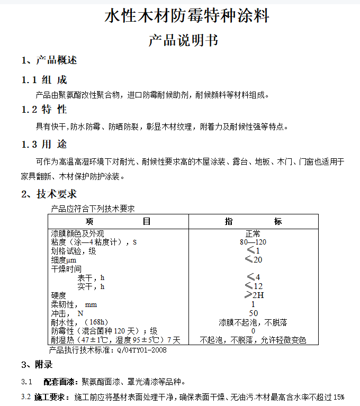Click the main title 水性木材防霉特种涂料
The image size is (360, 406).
(187, 16)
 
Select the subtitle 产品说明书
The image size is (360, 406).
(183, 41)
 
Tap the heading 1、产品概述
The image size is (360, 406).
(49, 60)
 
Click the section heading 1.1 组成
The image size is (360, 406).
(44, 80)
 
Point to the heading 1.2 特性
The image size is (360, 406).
(44, 110)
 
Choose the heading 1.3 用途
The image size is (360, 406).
(44, 144)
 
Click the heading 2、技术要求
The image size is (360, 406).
(49, 194)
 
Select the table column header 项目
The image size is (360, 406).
(118, 221)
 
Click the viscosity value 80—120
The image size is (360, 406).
(253, 242)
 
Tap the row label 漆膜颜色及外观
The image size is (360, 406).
(77, 233)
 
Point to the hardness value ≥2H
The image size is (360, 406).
(253, 295)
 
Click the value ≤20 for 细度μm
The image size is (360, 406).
(253, 260)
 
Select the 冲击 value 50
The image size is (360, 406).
(253, 313)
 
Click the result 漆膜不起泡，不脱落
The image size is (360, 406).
(253, 322)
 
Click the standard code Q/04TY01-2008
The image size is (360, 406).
(142, 350)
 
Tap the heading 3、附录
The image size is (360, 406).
(37, 364)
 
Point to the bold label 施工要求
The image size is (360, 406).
(52, 397)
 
